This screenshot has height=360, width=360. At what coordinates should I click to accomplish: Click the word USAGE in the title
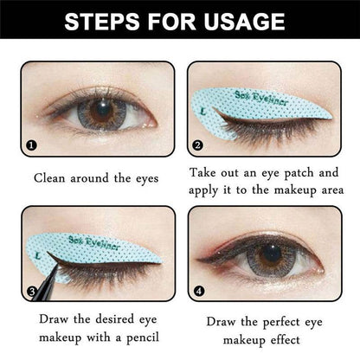pyautogui.click(x=249, y=21)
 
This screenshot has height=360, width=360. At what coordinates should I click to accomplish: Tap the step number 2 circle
pyautogui.click(x=197, y=146)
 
